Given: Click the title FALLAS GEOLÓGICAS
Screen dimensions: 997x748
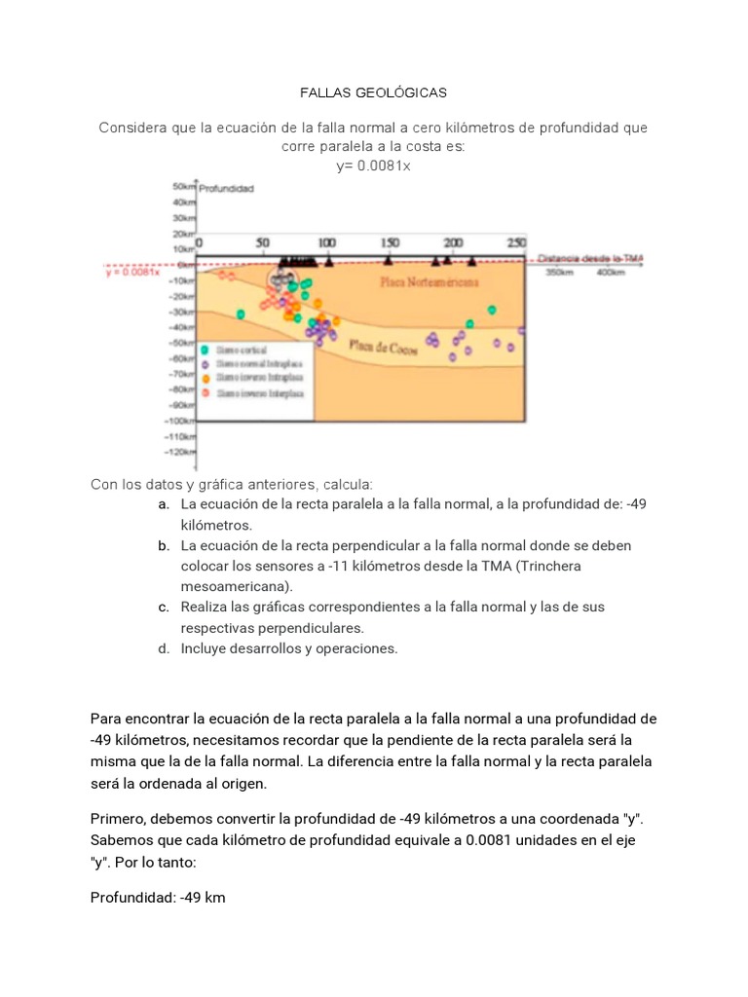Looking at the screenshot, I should [x=373, y=92].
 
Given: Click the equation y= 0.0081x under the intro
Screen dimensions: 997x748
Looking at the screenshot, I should [x=373, y=165].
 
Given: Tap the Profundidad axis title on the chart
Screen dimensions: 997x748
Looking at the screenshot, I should [x=227, y=189].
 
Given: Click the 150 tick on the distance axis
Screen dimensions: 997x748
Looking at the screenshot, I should [x=390, y=242].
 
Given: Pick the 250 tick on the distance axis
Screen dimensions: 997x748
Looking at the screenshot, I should [x=516, y=242].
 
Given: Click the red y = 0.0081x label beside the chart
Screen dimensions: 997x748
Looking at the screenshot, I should [x=131, y=273].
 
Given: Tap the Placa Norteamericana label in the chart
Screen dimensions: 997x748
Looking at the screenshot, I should [x=429, y=281].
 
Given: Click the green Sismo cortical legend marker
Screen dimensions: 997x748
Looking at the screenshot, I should [x=206, y=349].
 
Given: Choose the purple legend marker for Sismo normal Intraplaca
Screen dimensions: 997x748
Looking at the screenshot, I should [x=206, y=363].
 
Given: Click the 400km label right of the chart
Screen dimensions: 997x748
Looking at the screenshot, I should [x=611, y=273].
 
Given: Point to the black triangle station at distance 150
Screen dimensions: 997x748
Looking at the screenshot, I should [x=389, y=260].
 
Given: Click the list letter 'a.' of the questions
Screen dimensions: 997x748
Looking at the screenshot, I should [x=163, y=504].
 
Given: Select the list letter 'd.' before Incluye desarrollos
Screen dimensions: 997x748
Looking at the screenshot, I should [x=163, y=648].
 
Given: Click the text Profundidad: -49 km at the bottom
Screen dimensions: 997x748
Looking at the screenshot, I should [x=158, y=897].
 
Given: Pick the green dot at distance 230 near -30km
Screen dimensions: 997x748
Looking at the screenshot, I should [x=492, y=310].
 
